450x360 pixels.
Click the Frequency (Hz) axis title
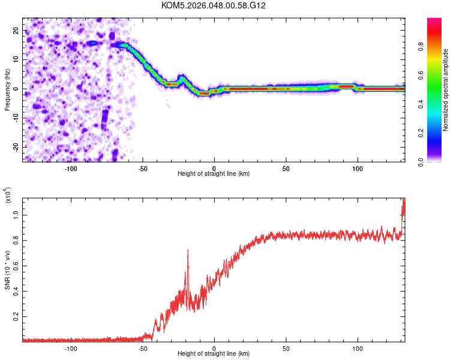coord(7,90)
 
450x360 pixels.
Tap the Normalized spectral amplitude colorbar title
coord(446,90)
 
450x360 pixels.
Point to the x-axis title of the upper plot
coord(214,173)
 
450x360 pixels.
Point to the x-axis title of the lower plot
coord(214,354)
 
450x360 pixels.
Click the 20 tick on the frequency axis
coord(16,30)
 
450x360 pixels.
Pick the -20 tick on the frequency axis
coord(15,147)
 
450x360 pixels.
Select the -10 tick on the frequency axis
coord(15,118)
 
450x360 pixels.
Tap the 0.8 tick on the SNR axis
coord(16,239)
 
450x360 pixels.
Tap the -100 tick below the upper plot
coord(71,168)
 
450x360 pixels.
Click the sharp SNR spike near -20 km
coord(188,251)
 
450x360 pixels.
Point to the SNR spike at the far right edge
coord(404,204)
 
